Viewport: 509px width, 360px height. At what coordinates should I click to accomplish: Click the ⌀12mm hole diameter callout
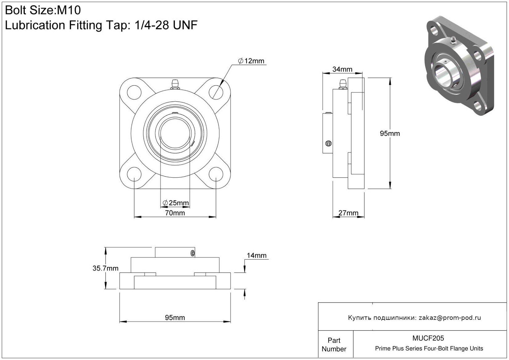coord(251,61)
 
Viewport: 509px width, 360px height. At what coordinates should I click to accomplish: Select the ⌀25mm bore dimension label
coord(176,203)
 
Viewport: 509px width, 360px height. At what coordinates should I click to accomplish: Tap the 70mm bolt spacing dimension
coord(175,213)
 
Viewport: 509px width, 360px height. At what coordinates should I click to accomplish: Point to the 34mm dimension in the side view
coord(342,69)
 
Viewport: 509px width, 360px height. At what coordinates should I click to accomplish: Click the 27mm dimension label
coord(348,213)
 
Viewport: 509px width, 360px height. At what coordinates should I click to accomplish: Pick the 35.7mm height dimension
coord(105,268)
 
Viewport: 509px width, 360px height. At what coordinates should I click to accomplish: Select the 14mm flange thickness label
coord(257,256)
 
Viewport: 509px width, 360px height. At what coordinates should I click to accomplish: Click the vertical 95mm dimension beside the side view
coord(390,133)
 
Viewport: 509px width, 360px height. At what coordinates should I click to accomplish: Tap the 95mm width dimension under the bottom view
coord(175,317)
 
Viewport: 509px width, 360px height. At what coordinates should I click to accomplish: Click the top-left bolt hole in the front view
coord(134,92)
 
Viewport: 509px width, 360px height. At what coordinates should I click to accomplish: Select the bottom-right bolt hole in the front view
coord(216,174)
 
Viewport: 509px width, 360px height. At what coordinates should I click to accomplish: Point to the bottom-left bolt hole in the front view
coord(134,174)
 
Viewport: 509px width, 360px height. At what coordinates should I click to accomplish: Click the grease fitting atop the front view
coord(175,84)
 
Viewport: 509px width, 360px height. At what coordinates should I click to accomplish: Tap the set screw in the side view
coord(328,143)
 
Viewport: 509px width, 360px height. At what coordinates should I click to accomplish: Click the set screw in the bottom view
coord(193,253)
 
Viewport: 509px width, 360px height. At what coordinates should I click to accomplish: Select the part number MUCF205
coord(428,338)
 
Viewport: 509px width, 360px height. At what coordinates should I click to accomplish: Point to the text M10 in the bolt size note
coord(69,10)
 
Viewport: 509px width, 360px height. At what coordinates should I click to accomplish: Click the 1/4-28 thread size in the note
coord(152,25)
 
